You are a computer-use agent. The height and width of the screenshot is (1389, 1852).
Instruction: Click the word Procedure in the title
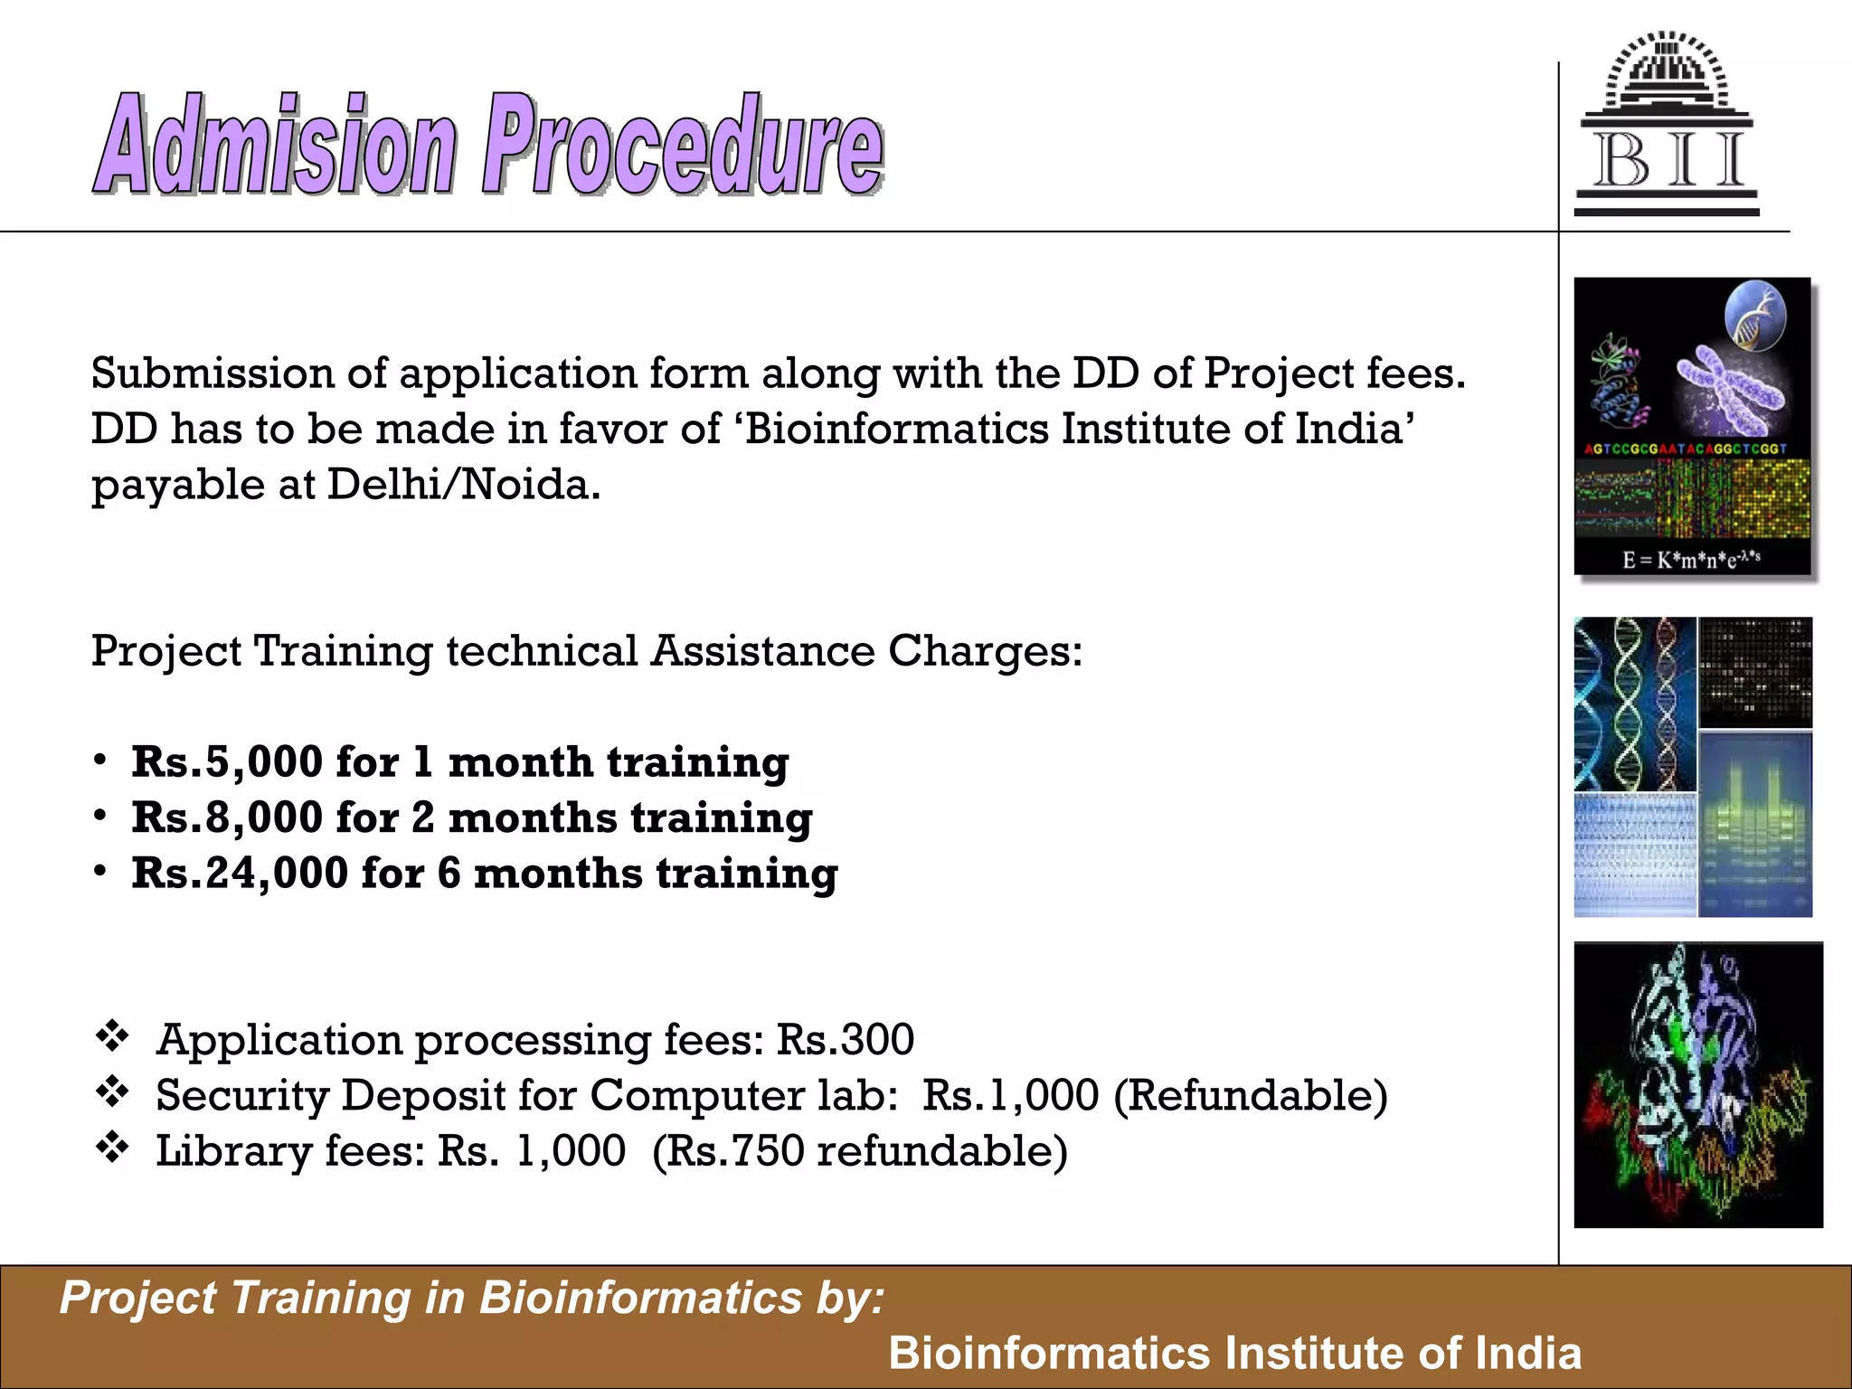point(683,145)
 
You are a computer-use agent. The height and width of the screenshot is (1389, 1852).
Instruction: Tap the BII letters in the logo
point(1668,161)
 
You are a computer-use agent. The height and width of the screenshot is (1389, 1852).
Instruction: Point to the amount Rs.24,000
point(240,874)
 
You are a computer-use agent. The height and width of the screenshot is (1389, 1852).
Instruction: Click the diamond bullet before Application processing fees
point(113,1036)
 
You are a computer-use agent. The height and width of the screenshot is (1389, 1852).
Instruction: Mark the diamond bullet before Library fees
point(113,1148)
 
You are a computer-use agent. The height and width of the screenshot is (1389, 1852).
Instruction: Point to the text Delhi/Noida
point(463,486)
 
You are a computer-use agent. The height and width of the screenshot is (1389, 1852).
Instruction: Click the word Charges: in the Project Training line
point(985,651)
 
